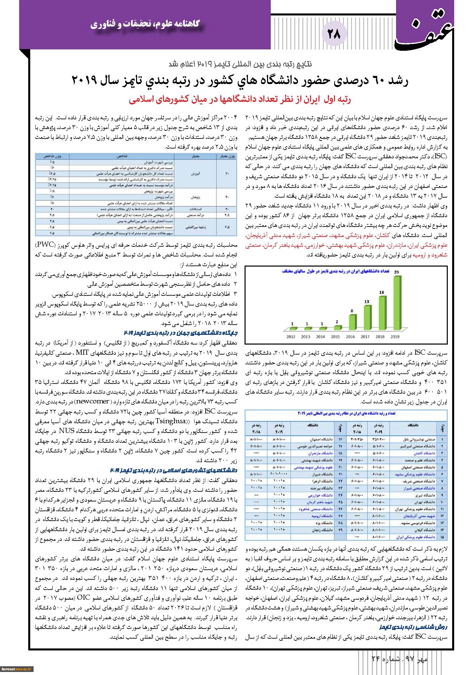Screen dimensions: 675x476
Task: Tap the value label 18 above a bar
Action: [382, 292]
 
